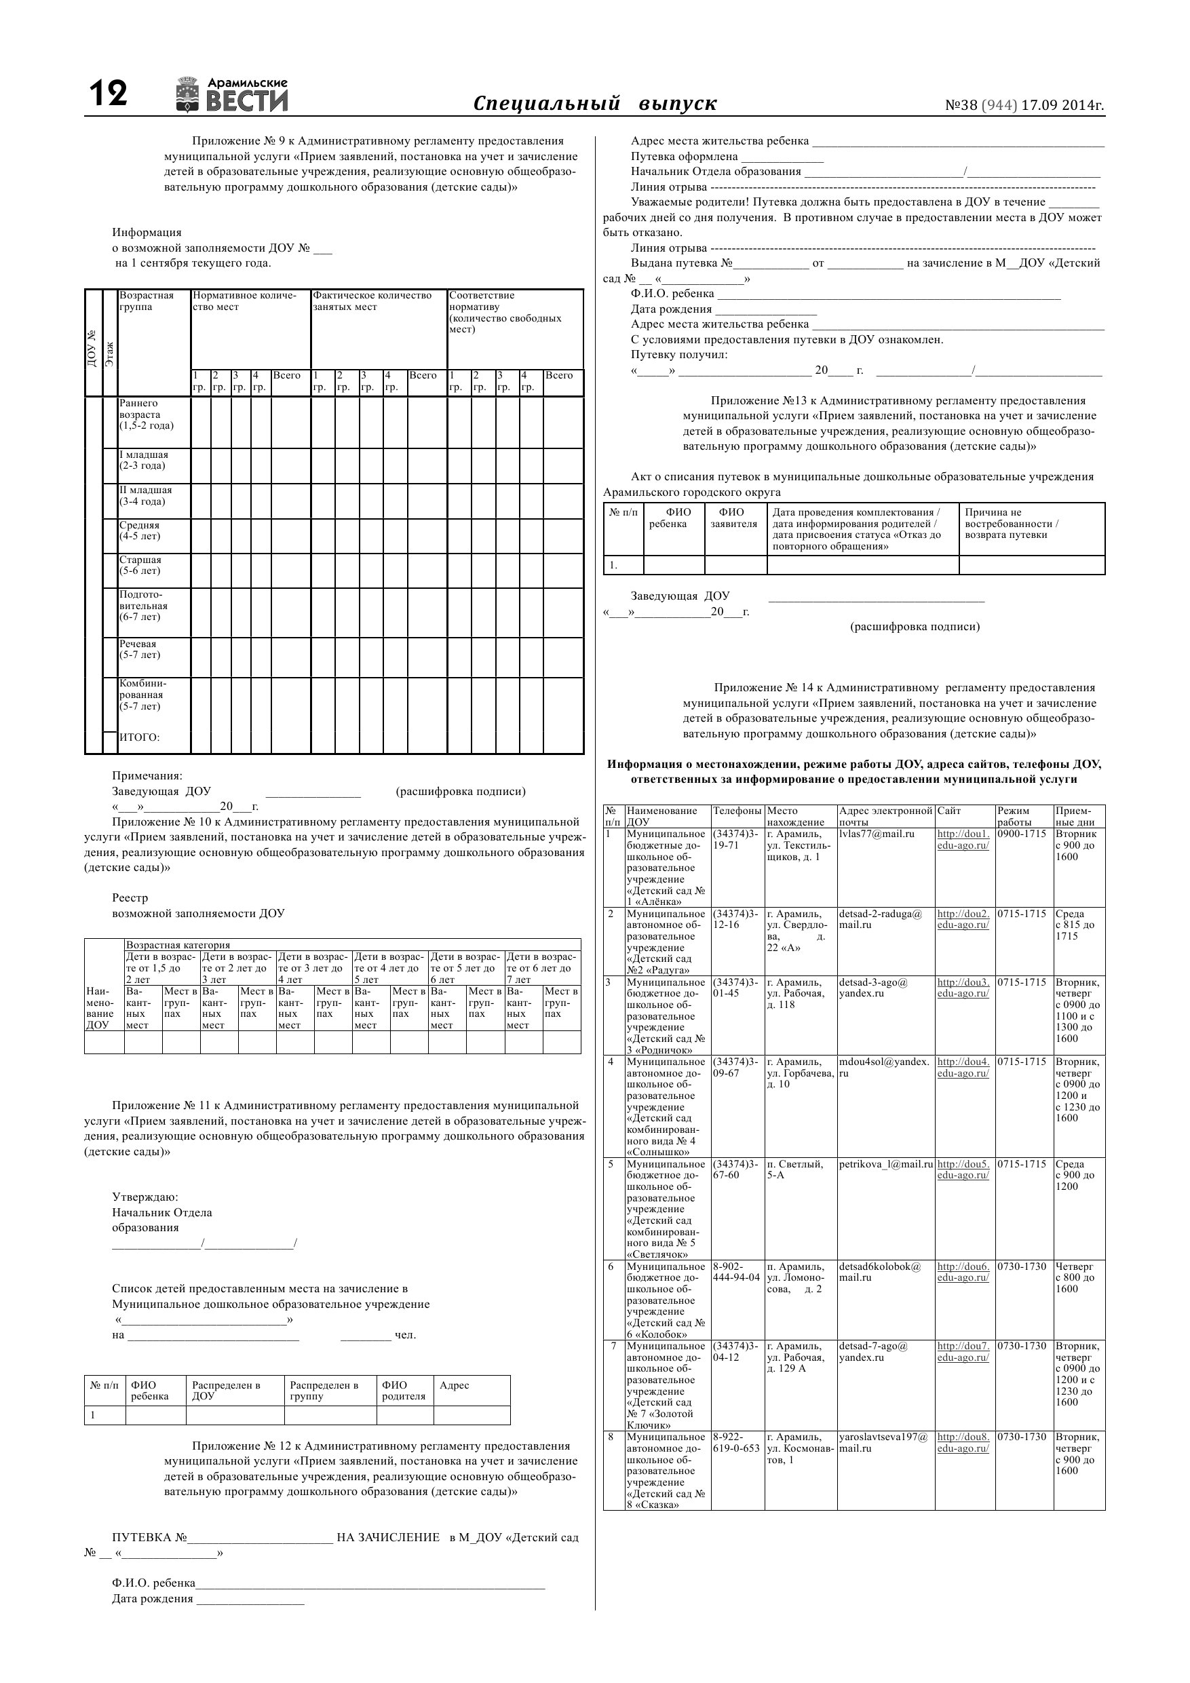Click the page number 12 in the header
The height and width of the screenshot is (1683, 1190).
pos(108,94)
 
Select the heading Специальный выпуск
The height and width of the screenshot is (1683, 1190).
pos(594,103)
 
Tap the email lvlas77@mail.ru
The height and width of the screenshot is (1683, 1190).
pos(877,834)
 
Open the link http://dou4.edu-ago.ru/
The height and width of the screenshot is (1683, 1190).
pos(963,1068)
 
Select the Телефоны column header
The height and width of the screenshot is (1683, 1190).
pos(737,811)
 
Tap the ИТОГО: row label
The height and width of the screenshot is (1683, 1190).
pos(139,737)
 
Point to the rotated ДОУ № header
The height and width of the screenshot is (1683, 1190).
pos(92,348)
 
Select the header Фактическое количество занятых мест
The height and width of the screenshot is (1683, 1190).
pos(372,301)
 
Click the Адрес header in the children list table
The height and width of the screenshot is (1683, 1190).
pos(454,1385)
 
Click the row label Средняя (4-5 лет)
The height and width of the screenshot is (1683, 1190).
pos(139,530)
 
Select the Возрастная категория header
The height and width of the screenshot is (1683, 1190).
pos(178,945)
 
